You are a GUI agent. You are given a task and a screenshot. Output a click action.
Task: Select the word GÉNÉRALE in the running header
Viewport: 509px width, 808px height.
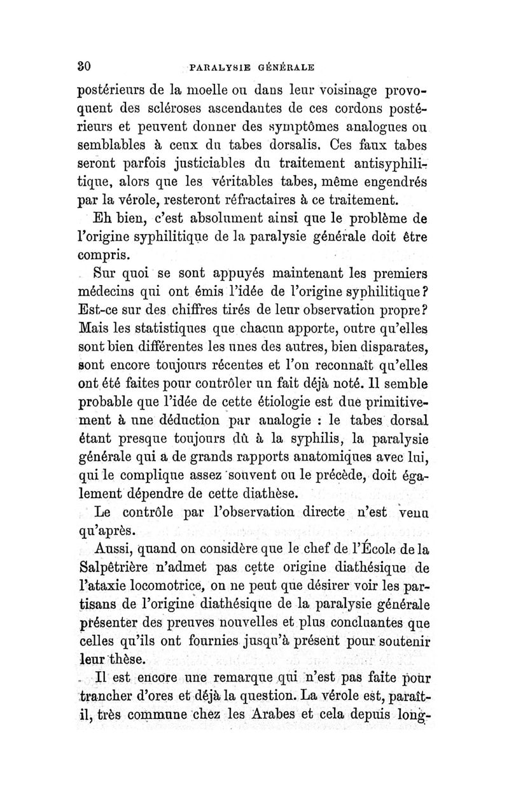(x=289, y=65)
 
